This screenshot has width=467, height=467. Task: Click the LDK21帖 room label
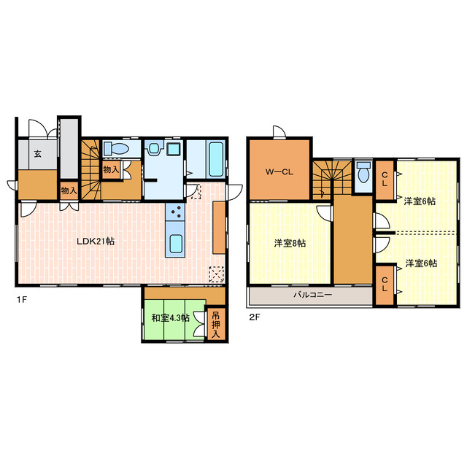pyautogui.click(x=96, y=242)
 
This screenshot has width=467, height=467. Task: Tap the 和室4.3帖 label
pyautogui.click(x=170, y=318)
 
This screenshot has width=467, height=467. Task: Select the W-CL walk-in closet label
pyautogui.click(x=279, y=172)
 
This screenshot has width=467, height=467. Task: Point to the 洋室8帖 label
pyautogui.click(x=290, y=243)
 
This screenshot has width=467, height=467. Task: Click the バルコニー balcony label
pyautogui.click(x=312, y=295)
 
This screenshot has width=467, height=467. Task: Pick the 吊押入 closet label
pyautogui.click(x=215, y=325)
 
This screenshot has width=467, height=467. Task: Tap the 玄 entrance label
pyautogui.click(x=37, y=154)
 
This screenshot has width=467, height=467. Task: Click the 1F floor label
pyautogui.click(x=22, y=299)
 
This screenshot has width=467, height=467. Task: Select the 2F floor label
pyautogui.click(x=255, y=317)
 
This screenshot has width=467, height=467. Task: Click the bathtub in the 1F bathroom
pyautogui.click(x=216, y=159)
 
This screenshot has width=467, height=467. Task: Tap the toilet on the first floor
pyautogui.click(x=116, y=148)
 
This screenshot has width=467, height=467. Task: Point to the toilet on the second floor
pyautogui.click(x=363, y=172)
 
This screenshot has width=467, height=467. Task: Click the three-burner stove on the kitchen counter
pyautogui.click(x=175, y=212)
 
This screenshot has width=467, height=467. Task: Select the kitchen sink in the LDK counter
pyautogui.click(x=176, y=244)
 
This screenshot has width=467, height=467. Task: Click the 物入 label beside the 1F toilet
pyautogui.click(x=111, y=170)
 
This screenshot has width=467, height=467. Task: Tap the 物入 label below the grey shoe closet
pyautogui.click(x=69, y=190)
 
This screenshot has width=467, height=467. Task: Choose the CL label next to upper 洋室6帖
pyautogui.click(x=385, y=180)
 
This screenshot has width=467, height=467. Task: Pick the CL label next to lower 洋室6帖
pyautogui.click(x=385, y=284)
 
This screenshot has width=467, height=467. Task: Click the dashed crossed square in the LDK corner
pyautogui.click(x=216, y=274)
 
